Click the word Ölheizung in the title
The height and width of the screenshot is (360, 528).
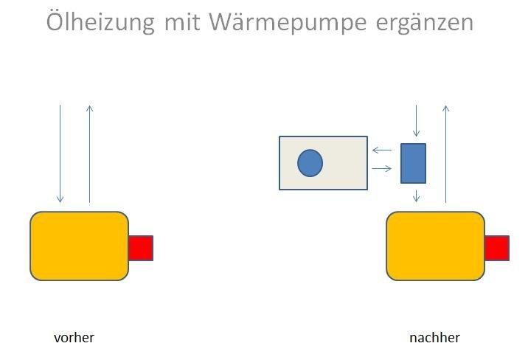[100, 23]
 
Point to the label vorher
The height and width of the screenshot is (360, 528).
[74, 338]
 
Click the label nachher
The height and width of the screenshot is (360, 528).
[434, 338]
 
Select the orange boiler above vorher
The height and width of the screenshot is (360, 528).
[79, 246]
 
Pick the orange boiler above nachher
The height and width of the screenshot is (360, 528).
[435, 246]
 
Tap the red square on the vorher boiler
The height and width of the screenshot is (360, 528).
[140, 248]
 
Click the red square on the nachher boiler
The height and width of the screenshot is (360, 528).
[497, 248]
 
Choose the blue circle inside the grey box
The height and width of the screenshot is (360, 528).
[310, 163]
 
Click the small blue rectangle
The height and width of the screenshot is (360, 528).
[413, 163]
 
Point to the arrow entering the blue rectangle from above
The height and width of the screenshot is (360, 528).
[416, 121]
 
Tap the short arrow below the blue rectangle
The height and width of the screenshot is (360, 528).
[416, 195]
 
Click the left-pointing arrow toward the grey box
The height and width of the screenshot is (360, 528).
[382, 150]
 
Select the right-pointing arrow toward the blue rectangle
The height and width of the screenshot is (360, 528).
[382, 169]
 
